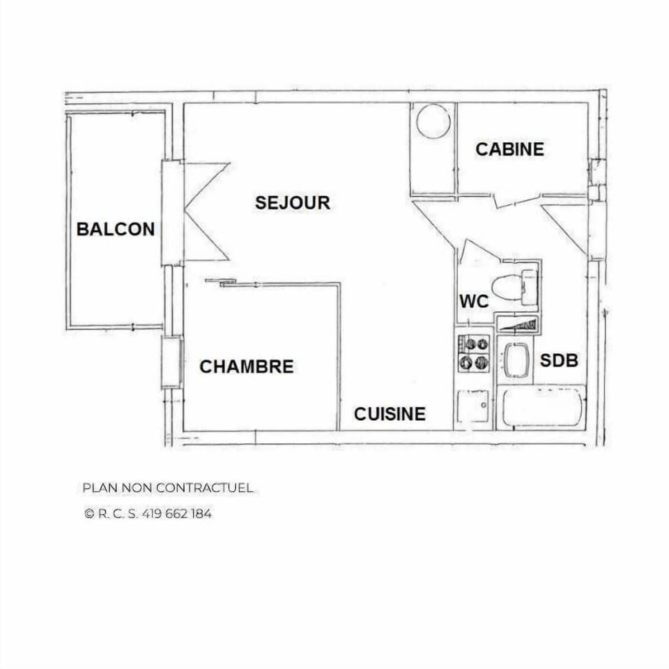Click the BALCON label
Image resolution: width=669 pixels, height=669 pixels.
116,229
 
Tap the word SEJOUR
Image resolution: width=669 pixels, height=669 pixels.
292,203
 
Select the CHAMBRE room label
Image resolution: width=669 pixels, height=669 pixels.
247,367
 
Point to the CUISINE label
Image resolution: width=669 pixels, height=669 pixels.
390,414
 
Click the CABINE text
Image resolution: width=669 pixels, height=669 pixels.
509,149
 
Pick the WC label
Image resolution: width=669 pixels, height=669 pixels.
474,302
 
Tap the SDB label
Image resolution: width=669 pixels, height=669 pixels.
559,361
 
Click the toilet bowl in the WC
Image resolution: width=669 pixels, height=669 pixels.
509,286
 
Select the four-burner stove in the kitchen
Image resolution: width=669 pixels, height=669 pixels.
474,353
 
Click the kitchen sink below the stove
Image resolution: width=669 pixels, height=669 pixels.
474,406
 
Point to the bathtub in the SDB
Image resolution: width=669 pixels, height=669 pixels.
544,406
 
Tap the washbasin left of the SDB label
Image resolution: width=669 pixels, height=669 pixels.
516,360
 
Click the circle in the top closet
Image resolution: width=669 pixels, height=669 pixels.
433,121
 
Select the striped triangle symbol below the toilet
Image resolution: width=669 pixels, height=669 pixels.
517,325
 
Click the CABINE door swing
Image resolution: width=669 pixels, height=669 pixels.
516,201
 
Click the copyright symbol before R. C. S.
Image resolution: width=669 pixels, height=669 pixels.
89,514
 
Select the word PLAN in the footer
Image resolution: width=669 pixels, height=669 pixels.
96,488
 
